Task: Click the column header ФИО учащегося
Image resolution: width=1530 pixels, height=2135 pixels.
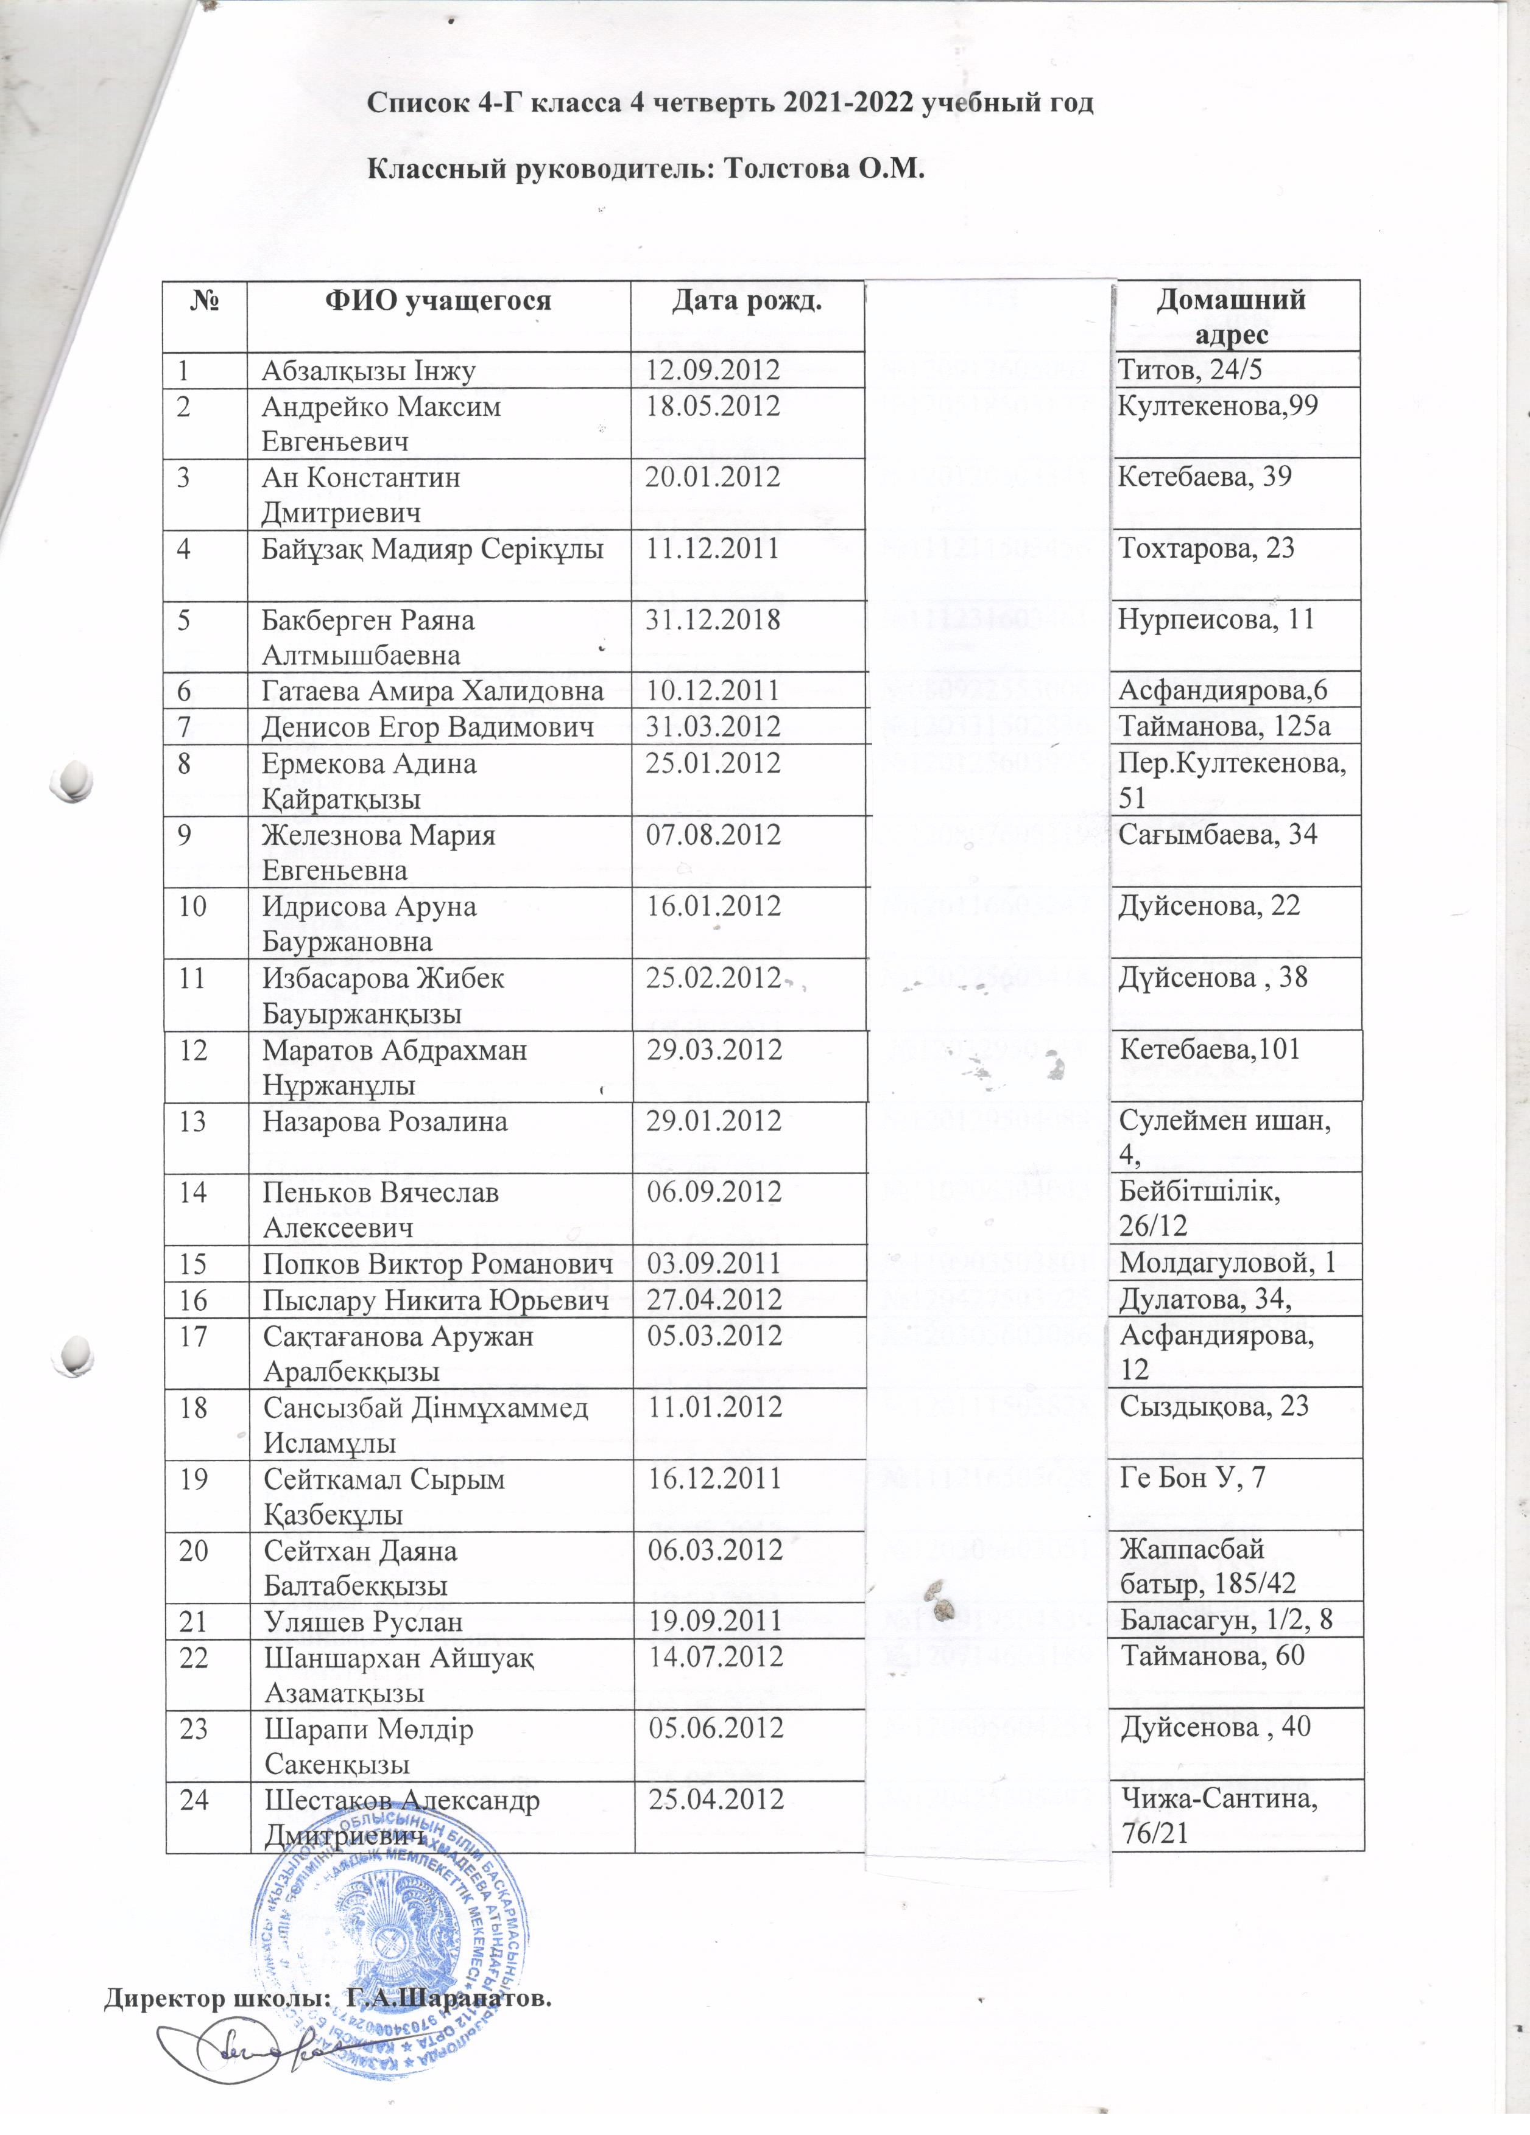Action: [x=438, y=301]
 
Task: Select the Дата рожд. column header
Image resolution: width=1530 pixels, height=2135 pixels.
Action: [x=747, y=301]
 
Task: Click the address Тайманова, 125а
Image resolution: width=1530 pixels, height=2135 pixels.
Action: [x=1224, y=726]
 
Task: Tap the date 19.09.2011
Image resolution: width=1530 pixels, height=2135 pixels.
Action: [x=714, y=1621]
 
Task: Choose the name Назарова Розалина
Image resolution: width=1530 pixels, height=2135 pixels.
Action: [x=385, y=1121]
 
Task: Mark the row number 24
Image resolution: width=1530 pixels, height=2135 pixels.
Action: [x=194, y=1800]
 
